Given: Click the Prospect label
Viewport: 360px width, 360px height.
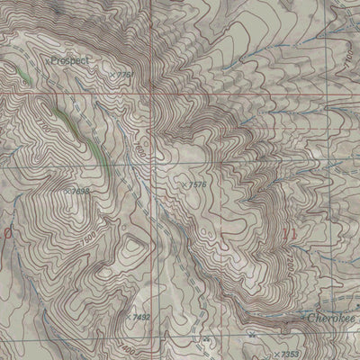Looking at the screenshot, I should (x=73, y=60).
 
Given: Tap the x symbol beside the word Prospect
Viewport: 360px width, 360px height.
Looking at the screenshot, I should (x=47, y=60).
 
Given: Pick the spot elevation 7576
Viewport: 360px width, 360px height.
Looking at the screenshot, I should (x=196, y=184).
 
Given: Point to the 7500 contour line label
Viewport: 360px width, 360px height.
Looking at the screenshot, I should (x=87, y=241).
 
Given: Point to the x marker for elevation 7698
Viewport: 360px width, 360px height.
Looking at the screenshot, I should (x=65, y=191).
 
